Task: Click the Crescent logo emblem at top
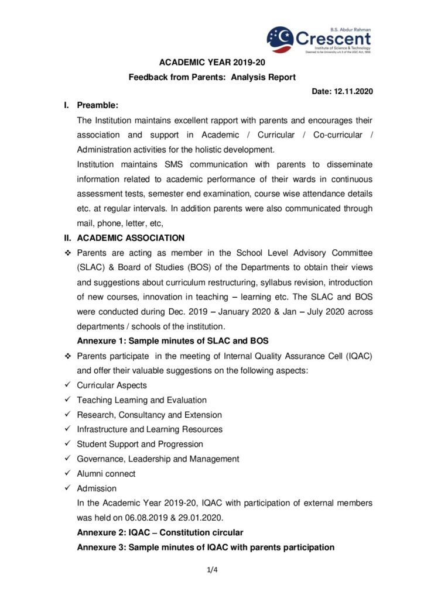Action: [280, 39]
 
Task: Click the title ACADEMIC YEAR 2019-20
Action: [212, 63]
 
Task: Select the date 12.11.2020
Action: [353, 92]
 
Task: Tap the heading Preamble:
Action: [97, 106]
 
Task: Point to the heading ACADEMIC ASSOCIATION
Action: [131, 238]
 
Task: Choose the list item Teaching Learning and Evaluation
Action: [142, 400]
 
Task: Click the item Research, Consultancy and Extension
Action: [149, 415]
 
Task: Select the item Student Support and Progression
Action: [140, 444]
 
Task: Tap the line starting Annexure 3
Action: [206, 548]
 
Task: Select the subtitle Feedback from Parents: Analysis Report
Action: [212, 77]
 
